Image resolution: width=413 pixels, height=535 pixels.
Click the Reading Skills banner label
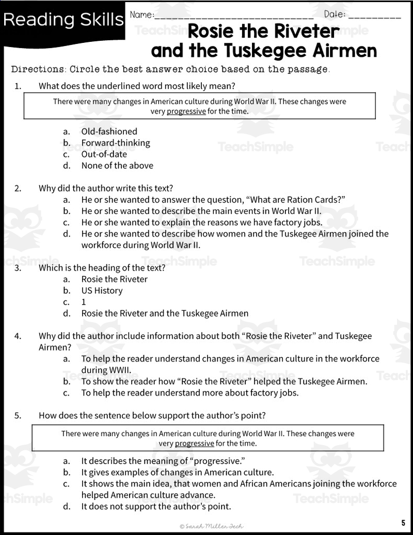(x=63, y=20)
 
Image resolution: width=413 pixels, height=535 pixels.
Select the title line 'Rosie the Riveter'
(x=263, y=32)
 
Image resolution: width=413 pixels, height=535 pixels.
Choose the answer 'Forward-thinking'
(x=116, y=143)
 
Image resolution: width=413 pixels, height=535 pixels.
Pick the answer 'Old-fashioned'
(x=109, y=131)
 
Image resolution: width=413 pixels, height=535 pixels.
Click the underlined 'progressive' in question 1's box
(x=186, y=111)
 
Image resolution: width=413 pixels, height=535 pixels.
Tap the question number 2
(x=18, y=188)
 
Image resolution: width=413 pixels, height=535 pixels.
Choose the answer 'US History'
(x=102, y=290)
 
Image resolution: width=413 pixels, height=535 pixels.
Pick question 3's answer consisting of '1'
(x=84, y=302)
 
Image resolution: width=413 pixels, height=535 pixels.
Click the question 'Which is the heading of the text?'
(x=102, y=267)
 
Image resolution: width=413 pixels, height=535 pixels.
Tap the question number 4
(x=18, y=336)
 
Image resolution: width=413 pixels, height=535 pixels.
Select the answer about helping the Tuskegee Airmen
(x=224, y=381)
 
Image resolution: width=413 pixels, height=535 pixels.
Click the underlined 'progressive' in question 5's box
(x=194, y=443)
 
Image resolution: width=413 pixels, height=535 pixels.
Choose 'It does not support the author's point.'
(x=156, y=506)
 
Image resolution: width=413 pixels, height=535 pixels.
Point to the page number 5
(x=403, y=522)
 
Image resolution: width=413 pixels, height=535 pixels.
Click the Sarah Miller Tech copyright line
(x=212, y=526)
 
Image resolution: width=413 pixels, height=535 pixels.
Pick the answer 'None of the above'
(x=117, y=165)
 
